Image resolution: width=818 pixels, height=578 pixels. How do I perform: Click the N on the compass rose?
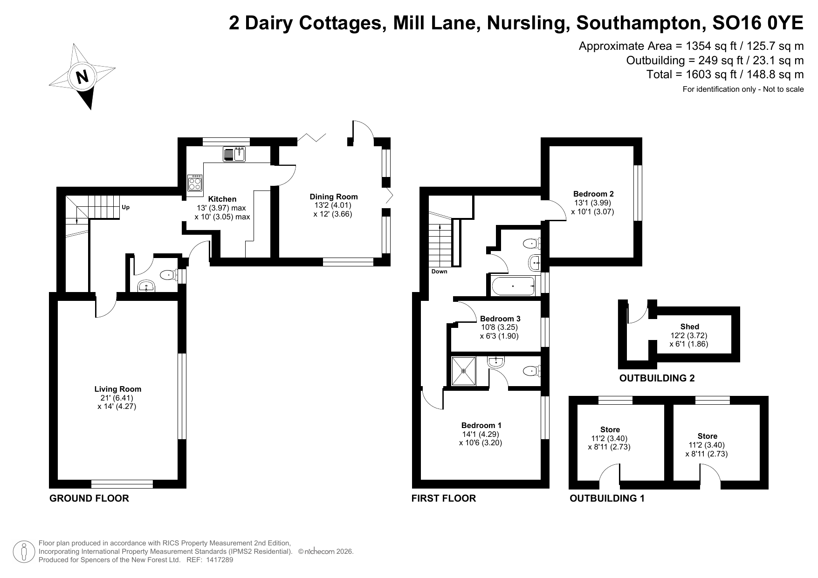click(x=82, y=76)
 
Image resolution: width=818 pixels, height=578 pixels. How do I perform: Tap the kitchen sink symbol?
click(x=234, y=154)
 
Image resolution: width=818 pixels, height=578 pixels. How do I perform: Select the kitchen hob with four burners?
click(x=195, y=183)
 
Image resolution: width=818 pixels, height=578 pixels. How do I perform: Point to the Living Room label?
click(x=117, y=389)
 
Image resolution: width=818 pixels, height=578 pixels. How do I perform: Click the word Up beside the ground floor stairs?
click(x=125, y=207)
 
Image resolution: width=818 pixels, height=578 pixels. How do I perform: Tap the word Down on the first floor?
click(x=439, y=272)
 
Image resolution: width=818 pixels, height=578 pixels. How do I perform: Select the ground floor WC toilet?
click(x=169, y=276)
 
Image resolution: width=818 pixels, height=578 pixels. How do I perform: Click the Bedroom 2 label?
click(x=593, y=194)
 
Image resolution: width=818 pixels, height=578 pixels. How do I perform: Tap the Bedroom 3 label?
click(x=500, y=319)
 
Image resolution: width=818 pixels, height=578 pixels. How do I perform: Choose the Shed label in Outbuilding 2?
click(x=689, y=326)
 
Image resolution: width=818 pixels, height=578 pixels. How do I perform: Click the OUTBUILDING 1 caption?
click(x=607, y=498)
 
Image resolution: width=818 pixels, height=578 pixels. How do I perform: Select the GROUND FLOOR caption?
click(x=89, y=498)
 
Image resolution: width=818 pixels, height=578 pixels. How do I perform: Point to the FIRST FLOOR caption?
click(x=444, y=498)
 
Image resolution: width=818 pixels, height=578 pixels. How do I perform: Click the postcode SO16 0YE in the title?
click(x=758, y=23)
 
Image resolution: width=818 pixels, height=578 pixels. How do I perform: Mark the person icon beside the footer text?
click(x=24, y=551)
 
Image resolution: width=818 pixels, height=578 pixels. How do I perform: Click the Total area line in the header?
click(x=725, y=75)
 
